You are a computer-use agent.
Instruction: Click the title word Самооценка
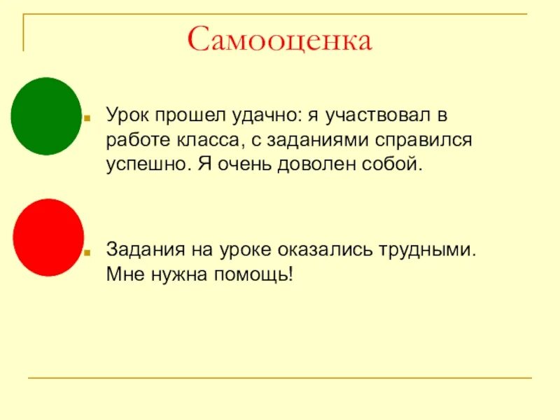point(279,40)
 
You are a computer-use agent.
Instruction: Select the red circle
point(48,237)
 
